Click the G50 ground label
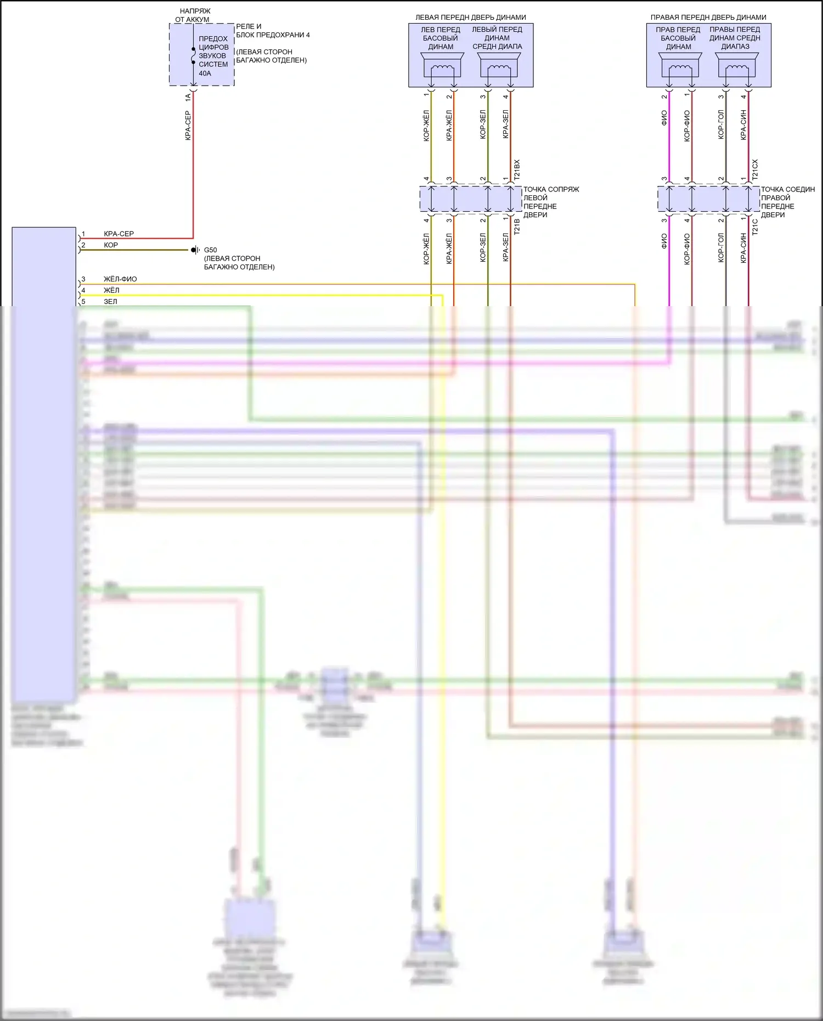(210, 250)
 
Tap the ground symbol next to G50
(194, 250)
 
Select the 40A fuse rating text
(205, 73)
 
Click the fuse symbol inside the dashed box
(193, 55)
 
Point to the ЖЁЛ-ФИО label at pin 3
(120, 279)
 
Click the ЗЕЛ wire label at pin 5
(110, 302)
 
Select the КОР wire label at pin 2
(111, 245)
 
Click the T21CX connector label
(755, 170)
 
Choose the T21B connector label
(517, 227)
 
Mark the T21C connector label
(755, 227)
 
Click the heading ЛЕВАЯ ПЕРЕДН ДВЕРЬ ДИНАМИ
(470, 18)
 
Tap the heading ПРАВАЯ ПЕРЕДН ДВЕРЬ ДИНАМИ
(708, 18)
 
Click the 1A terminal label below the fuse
(188, 97)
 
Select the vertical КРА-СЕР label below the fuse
(188, 126)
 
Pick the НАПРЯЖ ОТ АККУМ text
(193, 15)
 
